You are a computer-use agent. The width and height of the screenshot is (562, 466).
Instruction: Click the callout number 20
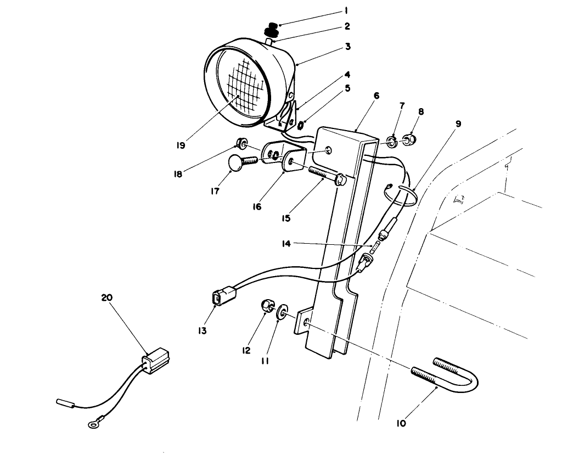[x=106, y=297]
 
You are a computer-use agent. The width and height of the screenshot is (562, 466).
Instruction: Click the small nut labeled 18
[x=240, y=144]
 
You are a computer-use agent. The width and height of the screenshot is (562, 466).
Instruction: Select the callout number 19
[x=181, y=145]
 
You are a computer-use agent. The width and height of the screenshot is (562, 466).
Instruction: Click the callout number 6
[x=376, y=95]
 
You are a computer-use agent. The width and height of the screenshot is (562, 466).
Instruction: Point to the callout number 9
[x=458, y=123]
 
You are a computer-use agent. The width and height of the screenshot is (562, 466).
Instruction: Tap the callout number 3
[x=347, y=47]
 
